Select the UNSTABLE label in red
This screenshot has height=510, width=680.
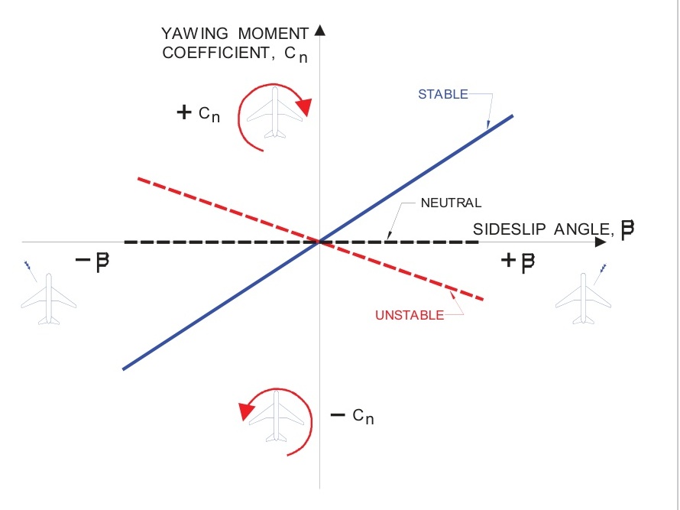409,315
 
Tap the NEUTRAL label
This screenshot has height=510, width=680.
451,203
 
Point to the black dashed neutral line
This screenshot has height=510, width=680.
191,242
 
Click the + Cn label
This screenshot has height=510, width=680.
199,113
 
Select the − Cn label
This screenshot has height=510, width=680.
352,416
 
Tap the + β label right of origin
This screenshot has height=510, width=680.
518,262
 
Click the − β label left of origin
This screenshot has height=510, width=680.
93,261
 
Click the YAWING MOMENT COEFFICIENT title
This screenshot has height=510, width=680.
235,44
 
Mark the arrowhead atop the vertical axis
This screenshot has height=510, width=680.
320,31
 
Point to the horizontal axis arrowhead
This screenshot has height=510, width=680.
601,242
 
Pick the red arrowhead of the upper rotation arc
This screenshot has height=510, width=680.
304,107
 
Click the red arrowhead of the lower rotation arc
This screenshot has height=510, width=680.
247,411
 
